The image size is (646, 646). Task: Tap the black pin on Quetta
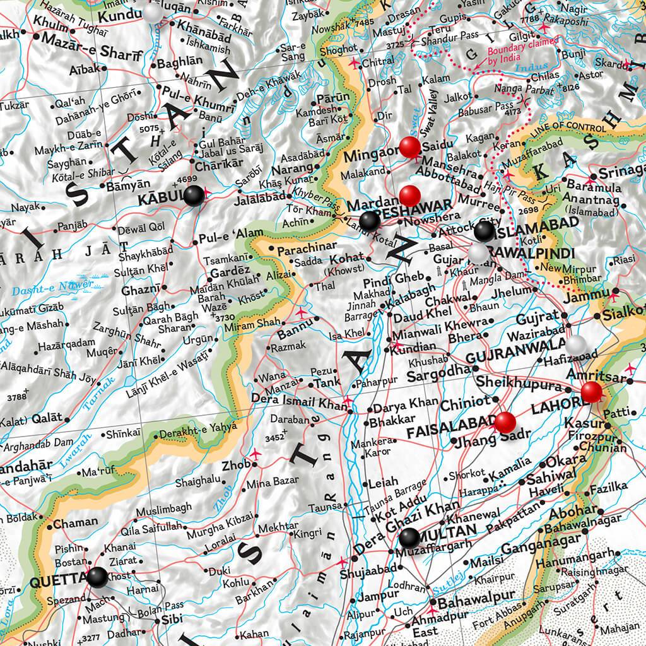[x=98, y=577]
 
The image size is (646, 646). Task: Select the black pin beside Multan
[x=409, y=538]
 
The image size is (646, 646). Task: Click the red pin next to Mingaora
[x=410, y=148]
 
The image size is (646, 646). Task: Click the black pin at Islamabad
[x=484, y=231]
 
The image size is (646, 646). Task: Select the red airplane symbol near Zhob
[x=255, y=454]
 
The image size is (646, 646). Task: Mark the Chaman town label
[x=76, y=522]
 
